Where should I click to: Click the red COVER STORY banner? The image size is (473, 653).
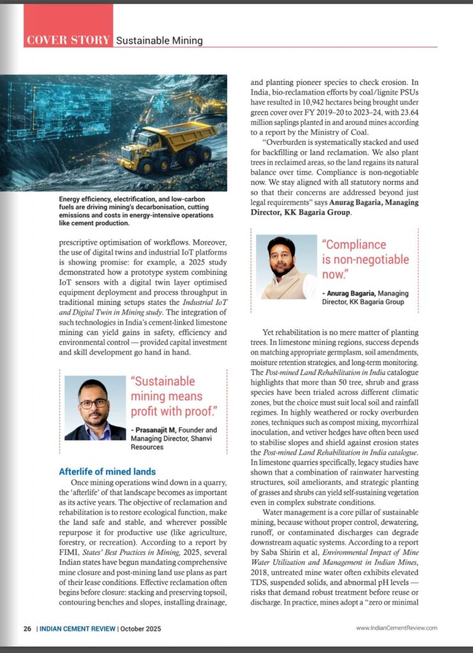68,40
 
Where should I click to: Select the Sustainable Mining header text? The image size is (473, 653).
159,41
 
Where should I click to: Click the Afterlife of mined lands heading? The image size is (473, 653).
107,472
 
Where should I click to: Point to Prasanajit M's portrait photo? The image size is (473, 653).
95,408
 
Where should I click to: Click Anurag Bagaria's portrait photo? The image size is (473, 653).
286,267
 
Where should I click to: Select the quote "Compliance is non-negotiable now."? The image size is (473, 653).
364,260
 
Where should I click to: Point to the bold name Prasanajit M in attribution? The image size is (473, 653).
160,430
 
